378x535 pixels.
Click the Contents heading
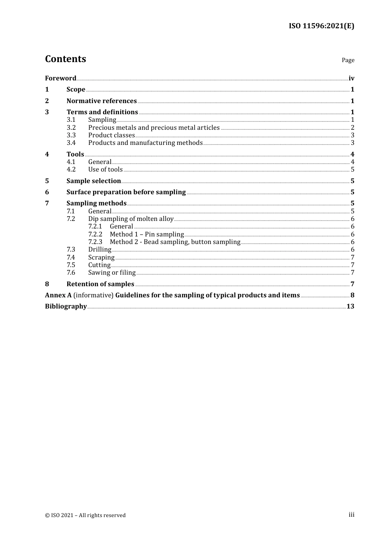coord(65,59)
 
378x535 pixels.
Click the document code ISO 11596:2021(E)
coord(321,26)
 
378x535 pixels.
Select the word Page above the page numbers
coord(348,60)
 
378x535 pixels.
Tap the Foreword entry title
coord(60,78)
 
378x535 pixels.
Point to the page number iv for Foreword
coord(351,78)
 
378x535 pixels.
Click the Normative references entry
coord(101,101)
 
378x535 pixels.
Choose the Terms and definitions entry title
coord(102,112)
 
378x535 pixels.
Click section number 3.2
coord(71,127)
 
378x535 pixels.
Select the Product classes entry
coord(111,135)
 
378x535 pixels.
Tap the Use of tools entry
coord(105,169)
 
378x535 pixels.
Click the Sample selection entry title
coord(94,181)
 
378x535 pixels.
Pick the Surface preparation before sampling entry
coord(126,192)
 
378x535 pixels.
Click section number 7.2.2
coord(95,234)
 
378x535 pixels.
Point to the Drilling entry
coord(100,249)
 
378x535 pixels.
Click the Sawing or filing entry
coord(112,272)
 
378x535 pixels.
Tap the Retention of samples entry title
coord(100,284)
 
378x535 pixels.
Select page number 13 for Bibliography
coord(350,306)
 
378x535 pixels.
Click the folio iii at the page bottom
coord(351,515)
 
